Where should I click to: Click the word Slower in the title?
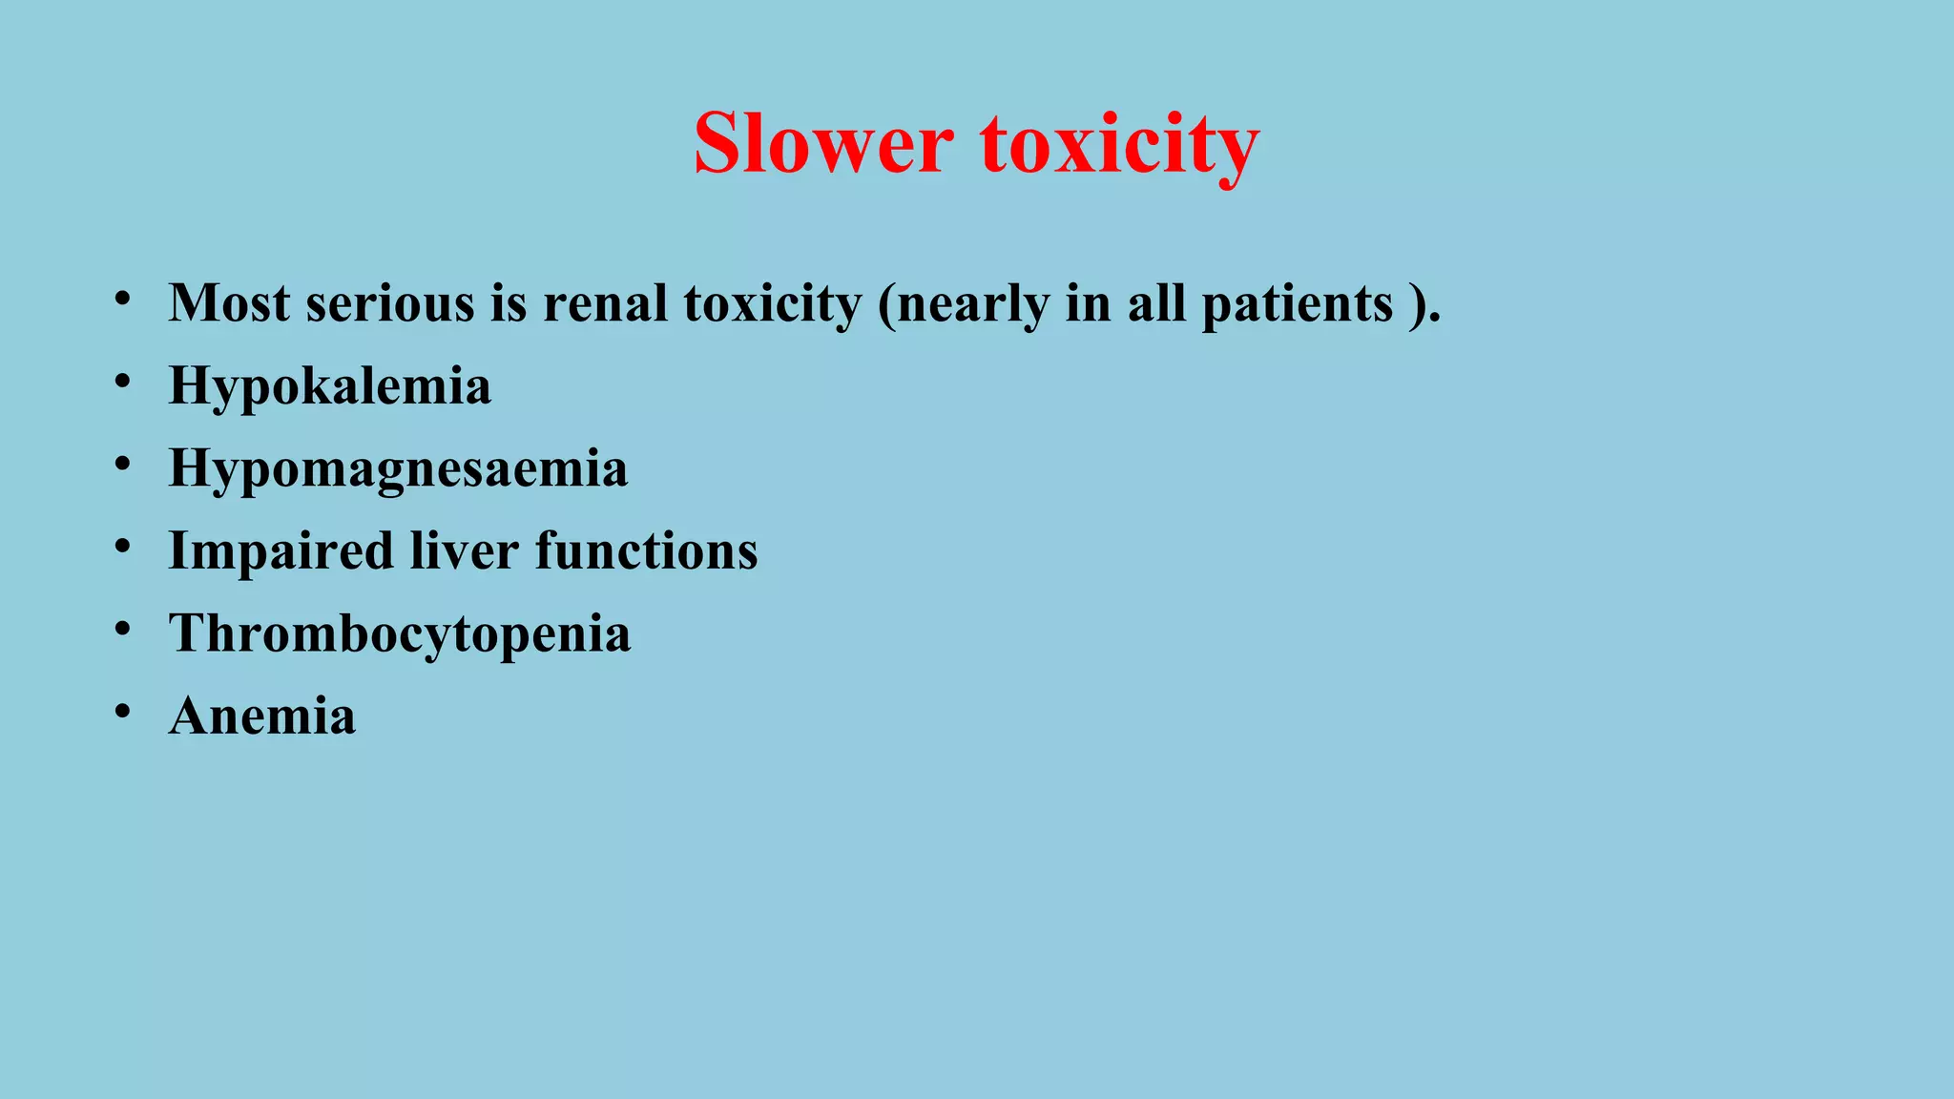[x=822, y=144]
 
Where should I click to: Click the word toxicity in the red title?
[x=1119, y=144]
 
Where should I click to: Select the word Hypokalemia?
[x=330, y=386]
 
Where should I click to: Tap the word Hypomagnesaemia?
[x=398, y=468]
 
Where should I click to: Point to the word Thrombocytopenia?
[x=400, y=633]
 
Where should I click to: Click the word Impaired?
[x=281, y=551]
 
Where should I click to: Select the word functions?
[x=646, y=551]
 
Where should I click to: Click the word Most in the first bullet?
[x=229, y=303]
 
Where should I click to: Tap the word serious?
[x=390, y=303]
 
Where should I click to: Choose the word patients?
[x=1297, y=303]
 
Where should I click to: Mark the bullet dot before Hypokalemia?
[x=122, y=382]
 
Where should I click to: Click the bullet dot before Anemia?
[x=122, y=712]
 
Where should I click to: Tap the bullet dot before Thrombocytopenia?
[x=122, y=630]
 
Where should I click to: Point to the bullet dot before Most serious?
[x=122, y=300]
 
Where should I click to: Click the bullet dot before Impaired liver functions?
[x=122, y=547]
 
